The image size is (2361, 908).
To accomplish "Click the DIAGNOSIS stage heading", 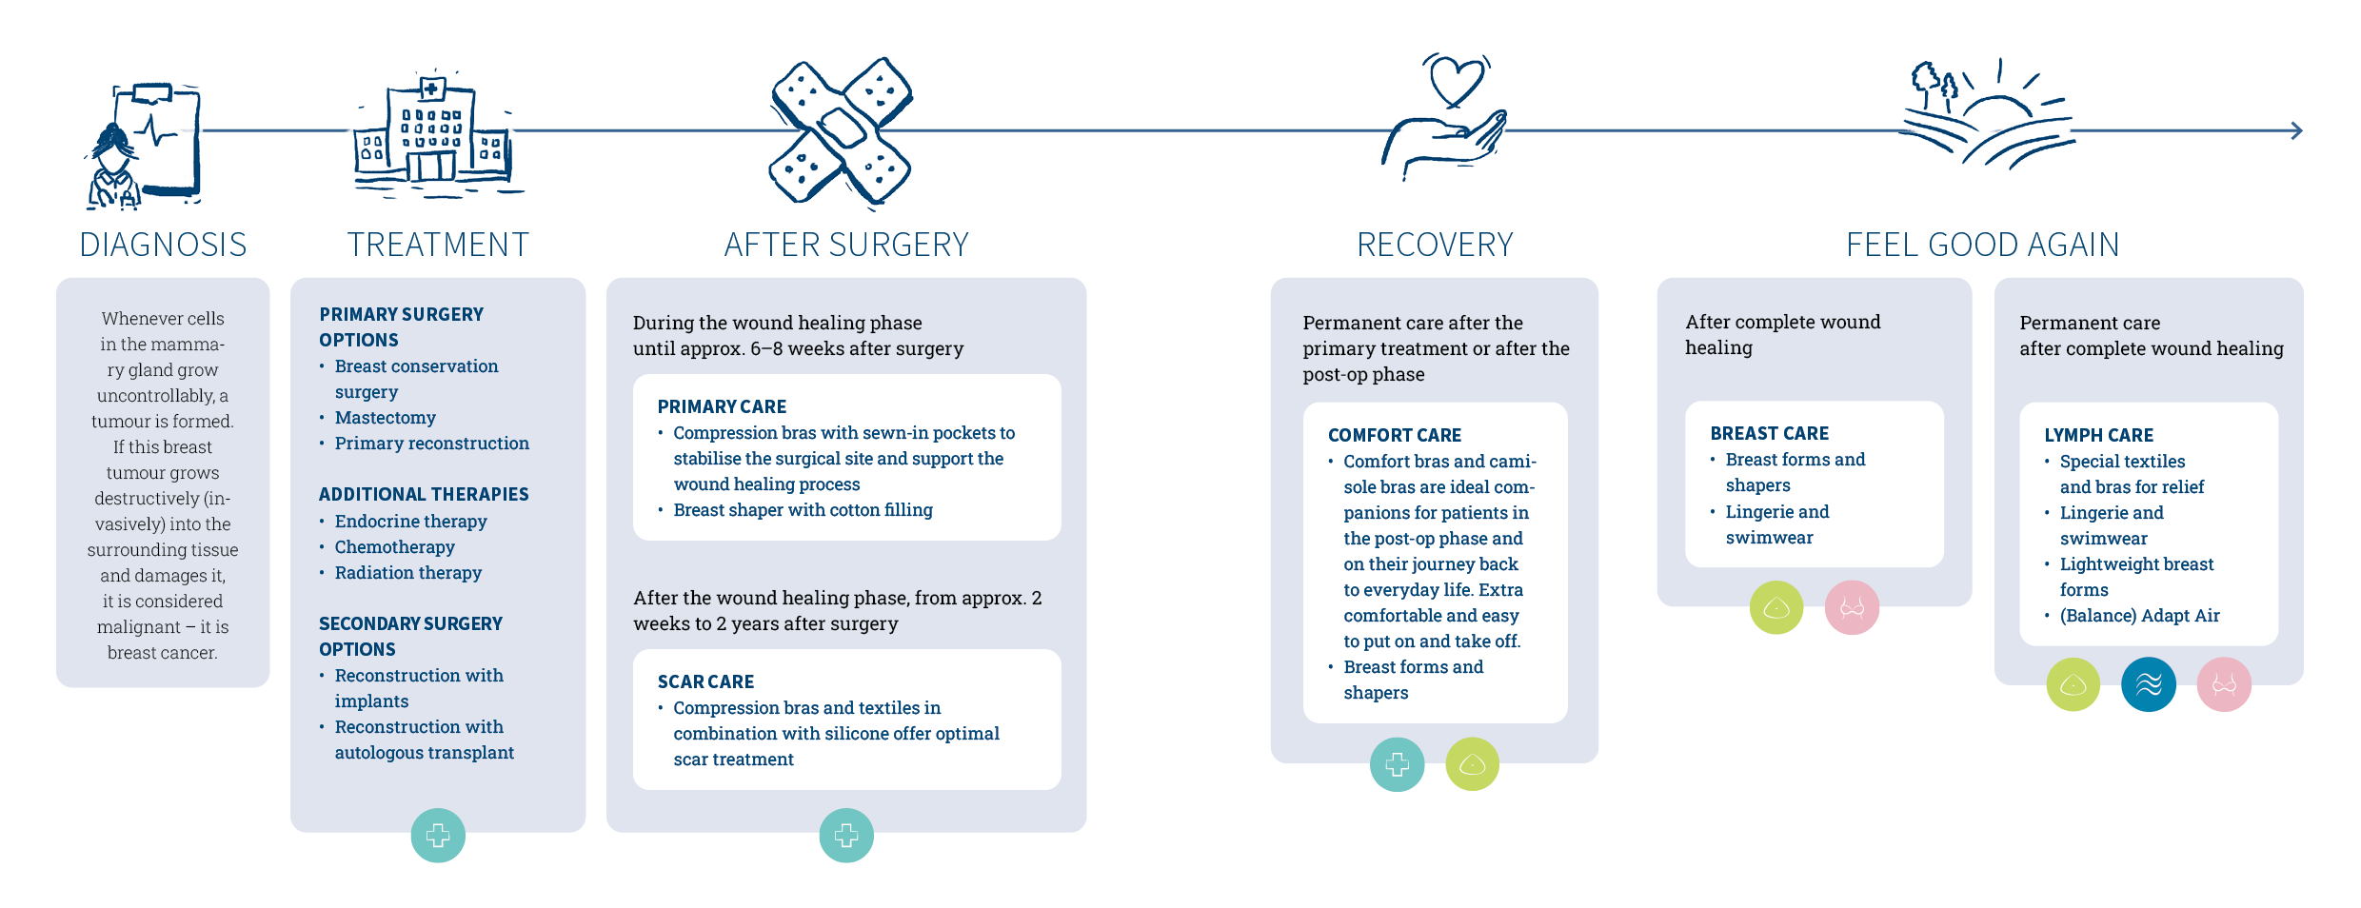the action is pos(163,245).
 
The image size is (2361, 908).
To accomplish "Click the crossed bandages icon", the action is pos(841,131).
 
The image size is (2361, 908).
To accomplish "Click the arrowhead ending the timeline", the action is pos(2296,130).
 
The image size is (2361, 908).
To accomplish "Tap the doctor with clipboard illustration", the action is pos(144,146).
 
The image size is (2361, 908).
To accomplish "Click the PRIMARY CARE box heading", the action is pos(722,406).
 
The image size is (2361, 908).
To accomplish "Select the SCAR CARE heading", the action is pos(705,681).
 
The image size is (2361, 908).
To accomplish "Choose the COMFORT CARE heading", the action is pos(1394,435).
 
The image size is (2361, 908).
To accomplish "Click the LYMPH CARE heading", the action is pos(2098,435).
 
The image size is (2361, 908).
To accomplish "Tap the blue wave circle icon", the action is pos(2149,684).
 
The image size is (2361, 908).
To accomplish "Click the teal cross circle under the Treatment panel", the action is pos(438,836).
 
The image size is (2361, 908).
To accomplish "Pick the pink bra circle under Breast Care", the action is pos(1852,607).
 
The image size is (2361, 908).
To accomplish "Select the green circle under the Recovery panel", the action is pos(1472,764).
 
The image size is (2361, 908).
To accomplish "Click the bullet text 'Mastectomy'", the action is pos(385,418).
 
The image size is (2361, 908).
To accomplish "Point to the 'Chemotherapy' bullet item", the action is pos(394,547).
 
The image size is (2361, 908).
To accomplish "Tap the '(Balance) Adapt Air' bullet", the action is pos(2139,616).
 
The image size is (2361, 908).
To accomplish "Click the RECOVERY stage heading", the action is pos(1435,245).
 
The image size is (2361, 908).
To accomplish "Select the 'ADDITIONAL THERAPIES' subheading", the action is pos(424,494).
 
